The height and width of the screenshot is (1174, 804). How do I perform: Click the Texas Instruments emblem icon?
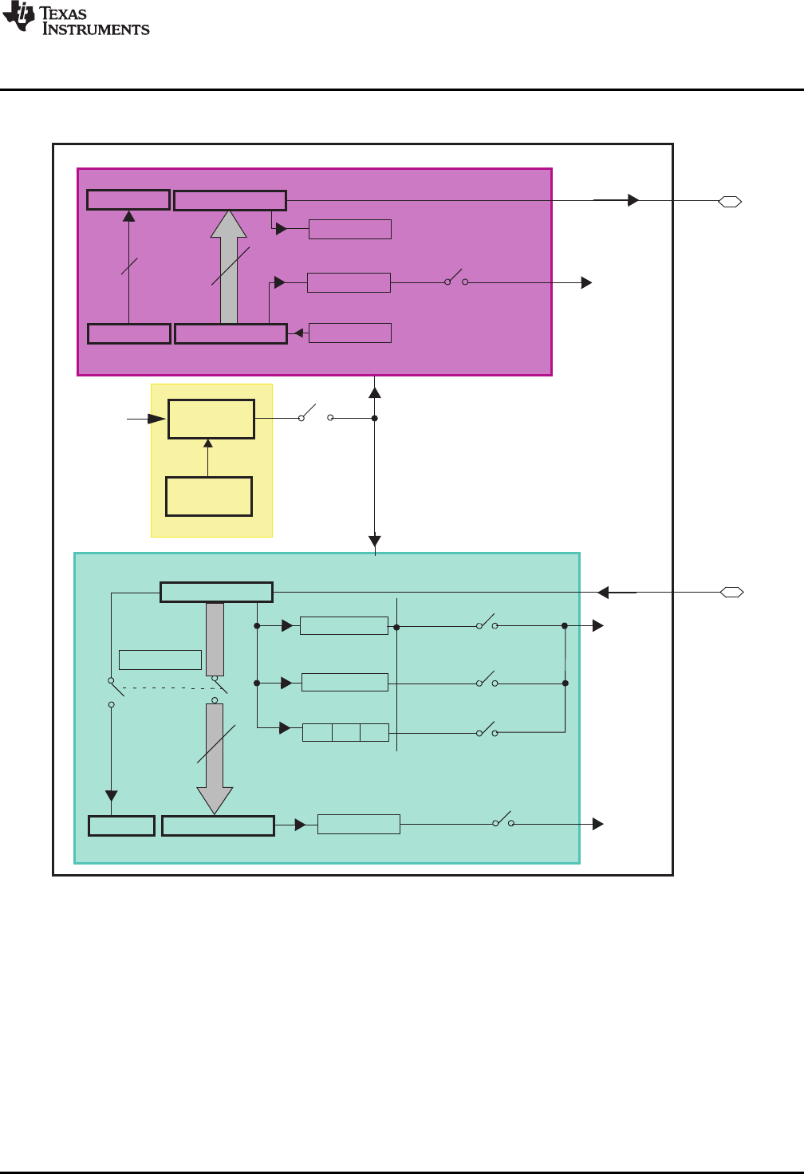(x=19, y=18)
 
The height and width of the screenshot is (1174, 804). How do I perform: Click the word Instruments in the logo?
(x=96, y=30)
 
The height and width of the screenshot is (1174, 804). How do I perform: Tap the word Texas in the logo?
(x=63, y=14)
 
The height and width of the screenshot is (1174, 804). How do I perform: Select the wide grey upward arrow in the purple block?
(x=229, y=267)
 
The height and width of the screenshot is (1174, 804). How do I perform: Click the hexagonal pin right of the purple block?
(x=730, y=202)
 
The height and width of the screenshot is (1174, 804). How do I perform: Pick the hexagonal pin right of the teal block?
(x=731, y=593)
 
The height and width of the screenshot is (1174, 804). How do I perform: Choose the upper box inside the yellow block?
(x=211, y=419)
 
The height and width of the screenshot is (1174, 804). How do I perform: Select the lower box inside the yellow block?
(x=209, y=496)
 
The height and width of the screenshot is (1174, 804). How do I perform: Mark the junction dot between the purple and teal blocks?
(x=375, y=418)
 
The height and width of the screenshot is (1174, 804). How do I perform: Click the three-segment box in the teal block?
(x=345, y=732)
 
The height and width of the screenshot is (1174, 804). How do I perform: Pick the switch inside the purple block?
(x=455, y=279)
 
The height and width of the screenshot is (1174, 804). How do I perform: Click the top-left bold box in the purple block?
(x=128, y=199)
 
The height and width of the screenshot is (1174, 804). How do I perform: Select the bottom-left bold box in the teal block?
(x=121, y=825)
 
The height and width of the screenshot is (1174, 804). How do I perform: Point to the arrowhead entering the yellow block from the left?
(x=158, y=418)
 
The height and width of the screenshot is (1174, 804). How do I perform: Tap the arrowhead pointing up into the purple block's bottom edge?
(x=375, y=392)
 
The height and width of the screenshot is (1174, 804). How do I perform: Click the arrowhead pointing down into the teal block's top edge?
(x=375, y=542)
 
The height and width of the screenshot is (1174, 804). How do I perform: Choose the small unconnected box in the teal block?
(x=160, y=660)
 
